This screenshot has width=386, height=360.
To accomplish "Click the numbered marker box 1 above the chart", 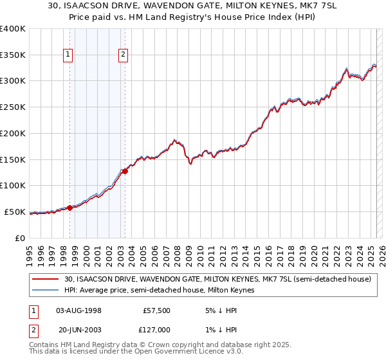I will [x=69, y=55].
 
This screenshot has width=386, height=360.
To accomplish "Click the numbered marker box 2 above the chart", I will [x=123, y=55].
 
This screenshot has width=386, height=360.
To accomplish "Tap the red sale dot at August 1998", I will [x=69, y=207].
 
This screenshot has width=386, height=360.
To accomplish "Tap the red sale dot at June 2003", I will [x=125, y=171].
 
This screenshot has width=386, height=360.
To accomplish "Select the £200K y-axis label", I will [x=13, y=133].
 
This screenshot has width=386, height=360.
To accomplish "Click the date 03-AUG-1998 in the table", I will [x=79, y=310].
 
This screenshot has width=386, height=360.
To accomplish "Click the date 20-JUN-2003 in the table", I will [x=79, y=330].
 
